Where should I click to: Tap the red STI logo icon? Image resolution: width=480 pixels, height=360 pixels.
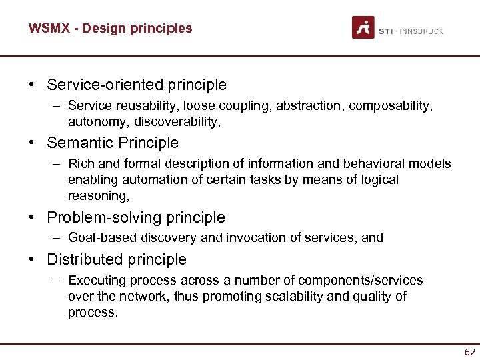363,27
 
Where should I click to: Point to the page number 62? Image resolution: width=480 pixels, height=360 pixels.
469,352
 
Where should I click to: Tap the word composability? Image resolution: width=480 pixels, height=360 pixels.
391,105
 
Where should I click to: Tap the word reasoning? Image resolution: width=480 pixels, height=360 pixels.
97,195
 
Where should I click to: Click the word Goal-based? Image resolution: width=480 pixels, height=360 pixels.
99,237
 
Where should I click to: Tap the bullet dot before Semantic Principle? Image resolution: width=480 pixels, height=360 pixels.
32,143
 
